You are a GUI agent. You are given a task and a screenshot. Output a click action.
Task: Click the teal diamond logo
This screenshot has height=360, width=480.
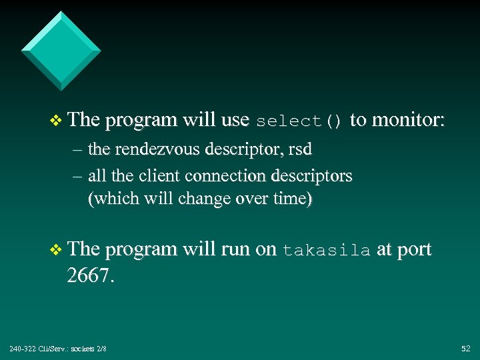pyautogui.click(x=61, y=51)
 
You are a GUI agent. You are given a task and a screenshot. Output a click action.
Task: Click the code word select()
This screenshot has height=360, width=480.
pyautogui.click(x=299, y=121)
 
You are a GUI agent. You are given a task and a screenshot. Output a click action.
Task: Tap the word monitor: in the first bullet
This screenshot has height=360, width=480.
pyautogui.click(x=407, y=120)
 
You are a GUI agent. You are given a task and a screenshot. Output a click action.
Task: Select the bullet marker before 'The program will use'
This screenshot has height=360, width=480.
pyautogui.click(x=56, y=121)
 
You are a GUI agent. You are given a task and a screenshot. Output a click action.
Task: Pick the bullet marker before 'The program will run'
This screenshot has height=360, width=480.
pyautogui.click(x=56, y=250)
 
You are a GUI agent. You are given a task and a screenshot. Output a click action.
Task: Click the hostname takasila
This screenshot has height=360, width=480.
pyautogui.click(x=327, y=251)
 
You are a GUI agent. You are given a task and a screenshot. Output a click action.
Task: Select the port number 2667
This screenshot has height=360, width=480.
pyautogui.click(x=90, y=275)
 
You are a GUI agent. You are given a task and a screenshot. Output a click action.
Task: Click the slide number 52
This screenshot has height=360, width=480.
pyautogui.click(x=465, y=349)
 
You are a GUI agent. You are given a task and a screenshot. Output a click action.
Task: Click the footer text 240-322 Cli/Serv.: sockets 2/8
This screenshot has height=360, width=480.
pyautogui.click(x=58, y=349)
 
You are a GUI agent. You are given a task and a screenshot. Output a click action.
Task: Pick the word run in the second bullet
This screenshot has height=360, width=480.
pyautogui.click(x=234, y=250)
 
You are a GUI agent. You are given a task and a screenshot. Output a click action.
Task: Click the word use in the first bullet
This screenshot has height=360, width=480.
pyautogui.click(x=234, y=121)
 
